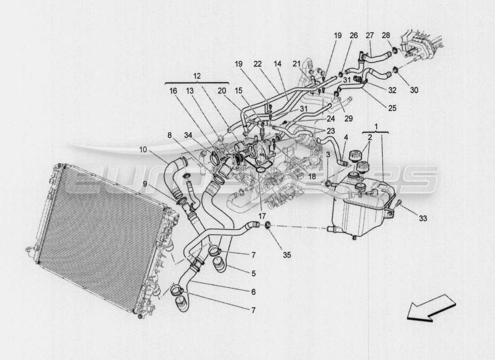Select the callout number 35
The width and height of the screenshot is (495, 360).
tap(287, 255)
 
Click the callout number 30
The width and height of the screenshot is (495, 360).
tap(414, 90)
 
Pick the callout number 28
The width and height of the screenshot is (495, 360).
tap(386, 35)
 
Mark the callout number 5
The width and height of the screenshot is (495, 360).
tap(253, 273)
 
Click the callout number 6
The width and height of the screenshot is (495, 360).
tap(253, 292)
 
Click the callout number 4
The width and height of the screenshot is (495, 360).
tap(346, 138)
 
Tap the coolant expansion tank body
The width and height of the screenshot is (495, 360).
tap(360, 207)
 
